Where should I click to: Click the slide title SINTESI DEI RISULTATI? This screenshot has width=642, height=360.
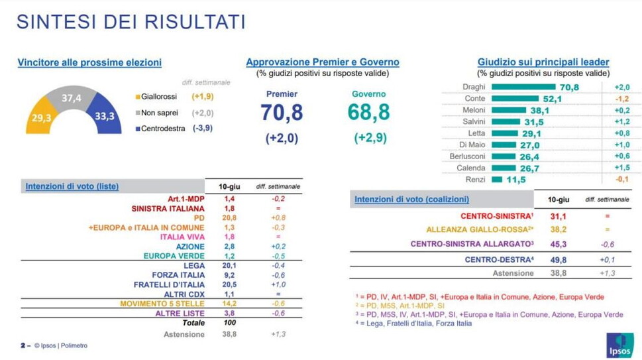131,21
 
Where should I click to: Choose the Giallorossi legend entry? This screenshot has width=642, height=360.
158,96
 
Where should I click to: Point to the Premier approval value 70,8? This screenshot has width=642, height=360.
282,113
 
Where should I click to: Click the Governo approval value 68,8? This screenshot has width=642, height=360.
368,113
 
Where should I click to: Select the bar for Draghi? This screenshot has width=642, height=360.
523,87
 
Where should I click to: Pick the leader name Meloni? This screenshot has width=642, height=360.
474,110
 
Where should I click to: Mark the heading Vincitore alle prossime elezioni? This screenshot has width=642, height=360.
89,63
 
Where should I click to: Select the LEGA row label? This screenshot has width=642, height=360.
193,265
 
